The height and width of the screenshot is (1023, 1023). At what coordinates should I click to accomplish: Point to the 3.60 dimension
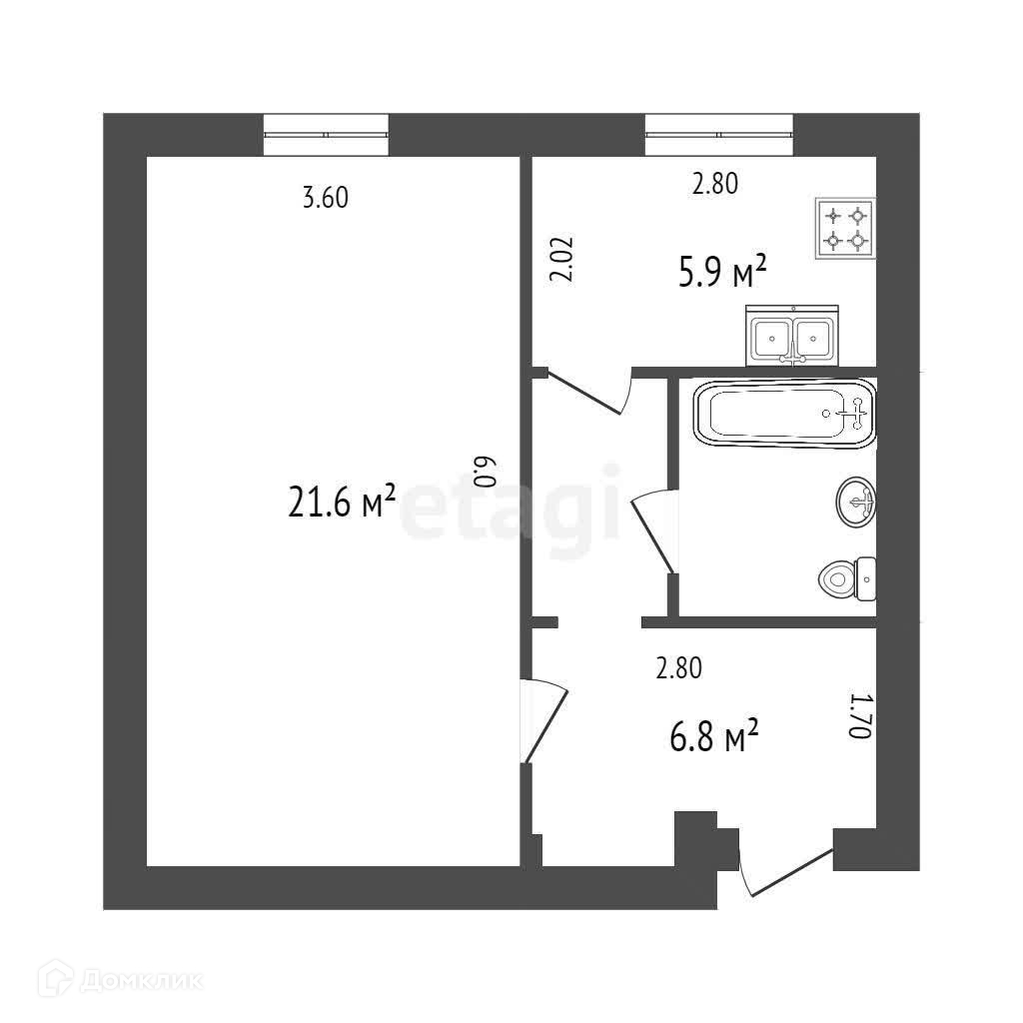[325, 198]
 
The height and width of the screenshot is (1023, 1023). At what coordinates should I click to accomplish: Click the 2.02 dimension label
[561, 261]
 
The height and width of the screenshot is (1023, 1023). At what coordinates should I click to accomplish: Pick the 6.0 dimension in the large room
[484, 471]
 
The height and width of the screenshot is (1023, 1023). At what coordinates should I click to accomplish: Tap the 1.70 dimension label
[860, 715]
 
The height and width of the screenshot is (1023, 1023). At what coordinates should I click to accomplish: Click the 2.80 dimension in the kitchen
[714, 184]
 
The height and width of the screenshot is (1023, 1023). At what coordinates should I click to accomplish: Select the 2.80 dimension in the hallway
[678, 668]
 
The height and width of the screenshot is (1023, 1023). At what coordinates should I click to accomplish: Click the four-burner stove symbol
[845, 229]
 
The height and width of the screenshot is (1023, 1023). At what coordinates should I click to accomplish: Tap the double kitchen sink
[790, 338]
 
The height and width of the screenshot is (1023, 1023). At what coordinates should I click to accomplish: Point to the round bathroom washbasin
[856, 501]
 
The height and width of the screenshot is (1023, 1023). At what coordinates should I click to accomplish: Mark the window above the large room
[326, 134]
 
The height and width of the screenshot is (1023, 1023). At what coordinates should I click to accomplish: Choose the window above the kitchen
[718, 134]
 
